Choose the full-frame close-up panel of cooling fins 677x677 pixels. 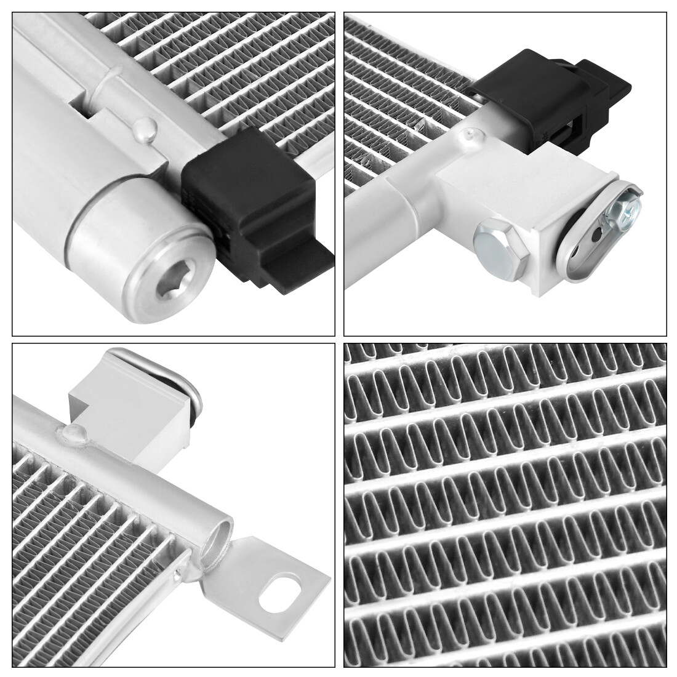[x=505, y=505]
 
